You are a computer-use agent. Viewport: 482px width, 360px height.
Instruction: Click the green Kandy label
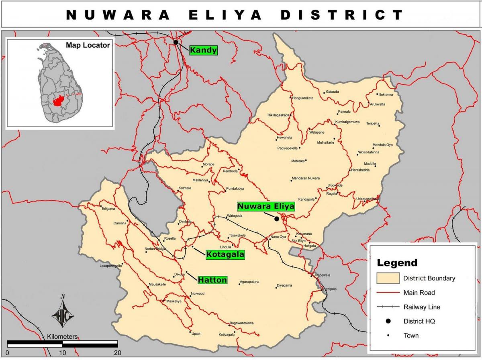coord(203,50)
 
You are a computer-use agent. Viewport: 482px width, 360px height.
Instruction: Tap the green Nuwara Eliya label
coord(266,206)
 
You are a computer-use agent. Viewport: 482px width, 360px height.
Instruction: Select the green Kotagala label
coord(225,254)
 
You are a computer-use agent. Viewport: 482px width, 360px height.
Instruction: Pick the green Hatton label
coord(212,280)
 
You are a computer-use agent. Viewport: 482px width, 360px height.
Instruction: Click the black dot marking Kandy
coord(176,42)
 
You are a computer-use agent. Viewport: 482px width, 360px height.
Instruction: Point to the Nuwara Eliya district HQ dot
coord(276,219)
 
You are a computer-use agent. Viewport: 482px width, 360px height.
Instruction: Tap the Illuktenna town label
coord(386,94)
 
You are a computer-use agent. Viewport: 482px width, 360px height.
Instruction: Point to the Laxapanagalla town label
coord(110,266)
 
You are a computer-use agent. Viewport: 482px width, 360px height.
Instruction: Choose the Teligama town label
coord(108,209)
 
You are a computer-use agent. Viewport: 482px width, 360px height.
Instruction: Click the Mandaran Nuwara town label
coord(306,178)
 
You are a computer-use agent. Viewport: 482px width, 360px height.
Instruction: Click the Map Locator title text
coord(88,45)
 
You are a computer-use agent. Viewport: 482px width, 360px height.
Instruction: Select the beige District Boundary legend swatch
coord(388,278)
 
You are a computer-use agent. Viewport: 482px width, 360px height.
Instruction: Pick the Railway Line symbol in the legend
coord(388,307)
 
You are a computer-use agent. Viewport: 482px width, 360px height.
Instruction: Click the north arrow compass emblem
coord(63,312)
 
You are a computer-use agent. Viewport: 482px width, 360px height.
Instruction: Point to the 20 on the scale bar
coord(117,353)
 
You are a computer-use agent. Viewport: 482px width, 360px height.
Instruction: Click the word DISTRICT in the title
coord(341,15)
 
